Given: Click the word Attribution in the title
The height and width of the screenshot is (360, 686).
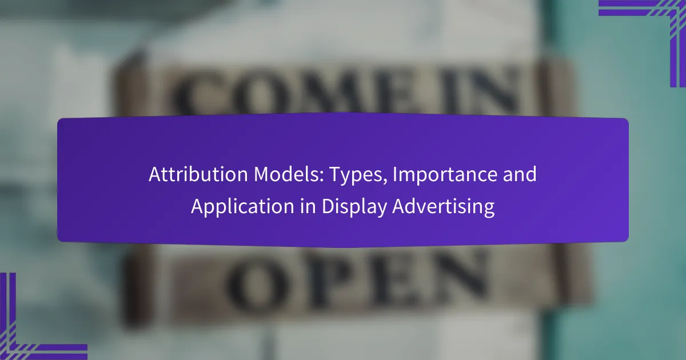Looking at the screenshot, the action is pos(198,174).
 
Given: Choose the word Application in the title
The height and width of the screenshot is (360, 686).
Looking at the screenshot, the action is pos(242,207).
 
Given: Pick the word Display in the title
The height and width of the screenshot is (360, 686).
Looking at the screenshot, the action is pos(354,207).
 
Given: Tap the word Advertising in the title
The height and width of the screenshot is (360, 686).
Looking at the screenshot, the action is pos(444,207).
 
